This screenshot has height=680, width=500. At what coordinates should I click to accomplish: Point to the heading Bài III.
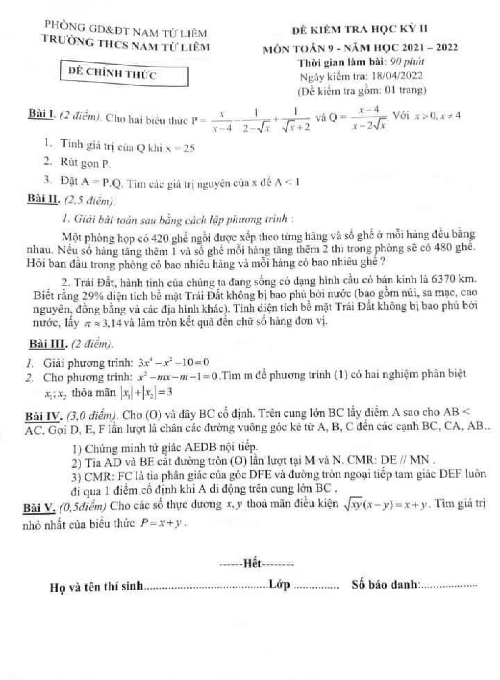[x=46, y=344]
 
